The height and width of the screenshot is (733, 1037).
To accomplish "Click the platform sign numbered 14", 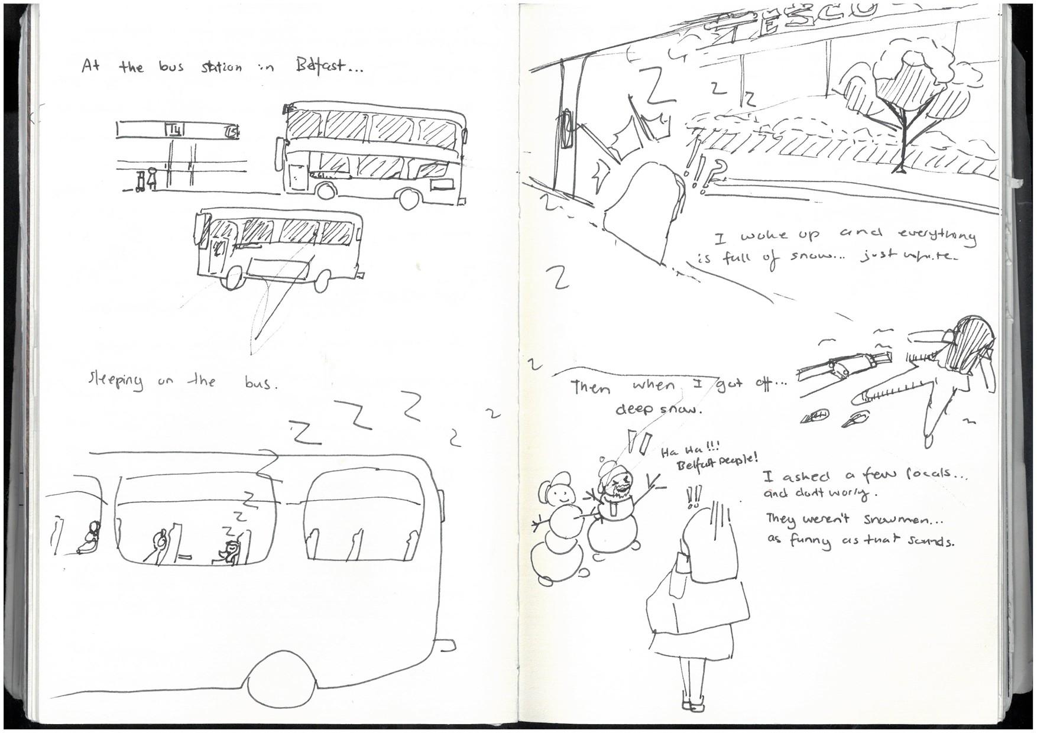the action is coord(174,129).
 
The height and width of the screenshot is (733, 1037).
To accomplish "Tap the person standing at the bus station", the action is coord(152,180).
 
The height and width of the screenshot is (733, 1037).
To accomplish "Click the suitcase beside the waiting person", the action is coord(141,182).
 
